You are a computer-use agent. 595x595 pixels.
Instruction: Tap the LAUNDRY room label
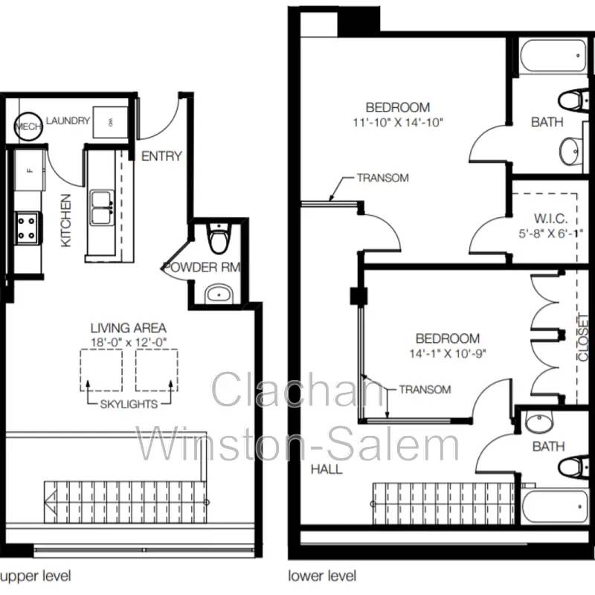(x=68, y=120)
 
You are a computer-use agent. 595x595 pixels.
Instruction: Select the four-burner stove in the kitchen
(x=27, y=228)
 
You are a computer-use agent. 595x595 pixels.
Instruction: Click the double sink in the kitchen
(x=101, y=208)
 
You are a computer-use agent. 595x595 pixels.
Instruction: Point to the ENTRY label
(x=161, y=156)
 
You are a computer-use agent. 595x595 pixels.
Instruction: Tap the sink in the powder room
(x=219, y=294)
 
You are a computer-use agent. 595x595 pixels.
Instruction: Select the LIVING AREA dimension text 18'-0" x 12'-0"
(x=129, y=342)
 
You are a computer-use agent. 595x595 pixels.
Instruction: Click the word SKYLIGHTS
(x=129, y=404)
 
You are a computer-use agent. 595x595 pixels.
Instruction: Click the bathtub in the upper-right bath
(x=553, y=56)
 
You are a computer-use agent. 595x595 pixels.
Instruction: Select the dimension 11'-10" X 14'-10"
(x=398, y=123)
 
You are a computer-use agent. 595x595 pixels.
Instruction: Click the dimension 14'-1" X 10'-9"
(x=448, y=354)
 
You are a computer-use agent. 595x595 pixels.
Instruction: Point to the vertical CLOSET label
(x=582, y=338)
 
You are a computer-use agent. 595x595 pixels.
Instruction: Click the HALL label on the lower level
(x=327, y=469)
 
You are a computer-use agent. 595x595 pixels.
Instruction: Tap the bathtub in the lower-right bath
(x=554, y=506)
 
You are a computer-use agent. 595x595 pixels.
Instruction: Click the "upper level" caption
(x=36, y=576)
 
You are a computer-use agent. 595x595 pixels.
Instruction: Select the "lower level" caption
(x=322, y=576)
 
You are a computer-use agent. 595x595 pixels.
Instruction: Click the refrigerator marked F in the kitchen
(x=30, y=170)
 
